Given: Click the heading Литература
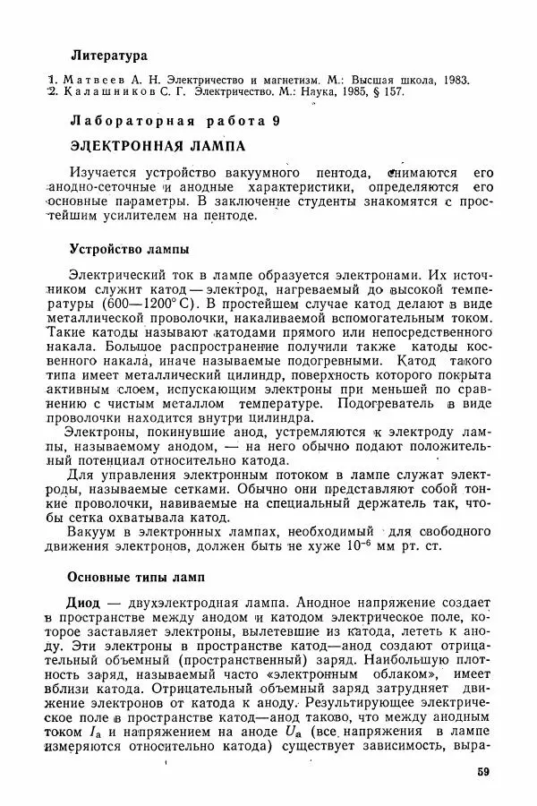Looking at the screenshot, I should click(108, 56).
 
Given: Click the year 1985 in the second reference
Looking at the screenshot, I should click(358, 92).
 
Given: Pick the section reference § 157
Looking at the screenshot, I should click(394, 92).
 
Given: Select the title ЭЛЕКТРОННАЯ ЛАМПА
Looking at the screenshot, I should click(157, 145).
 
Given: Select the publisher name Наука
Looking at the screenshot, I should click(319, 92).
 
